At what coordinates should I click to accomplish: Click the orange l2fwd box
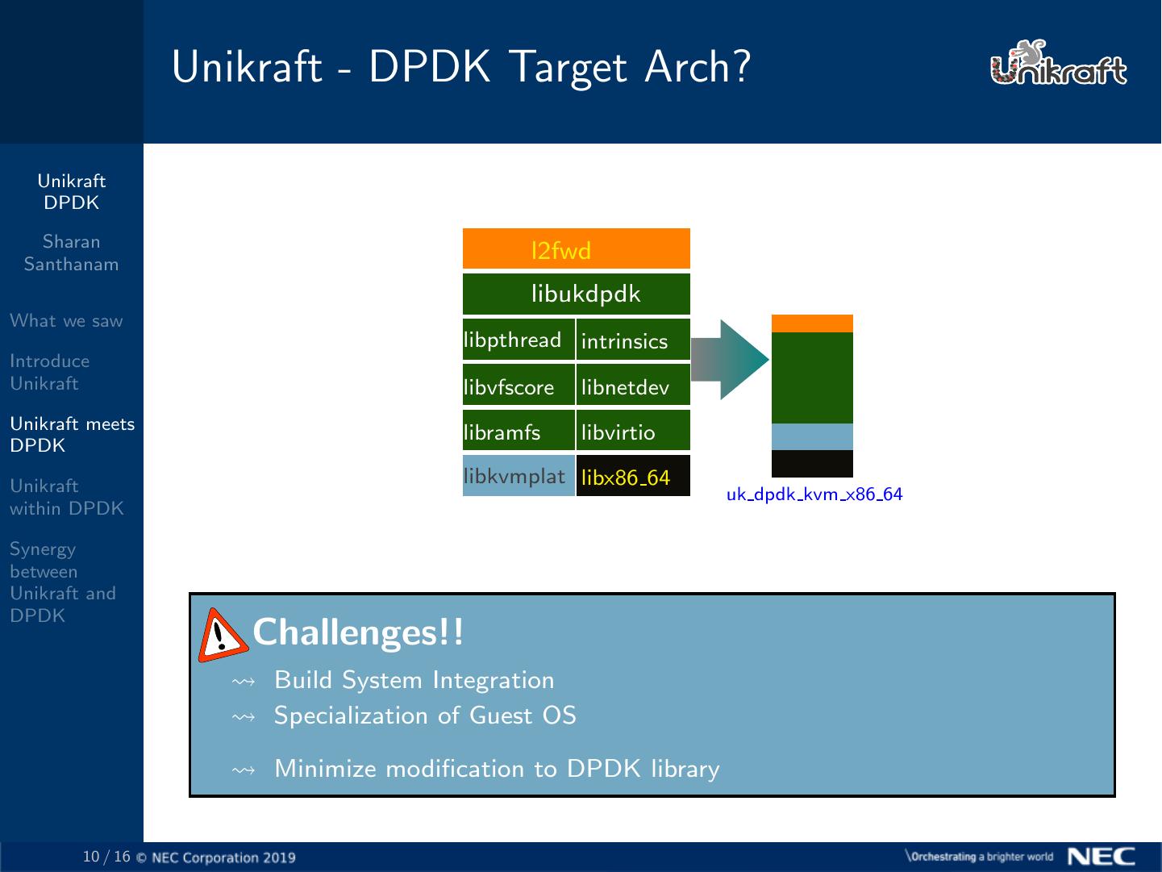(x=576, y=249)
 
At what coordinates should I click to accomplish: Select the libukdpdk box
(x=576, y=294)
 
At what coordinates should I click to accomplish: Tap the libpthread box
(x=518, y=340)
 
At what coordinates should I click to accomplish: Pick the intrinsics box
(x=633, y=340)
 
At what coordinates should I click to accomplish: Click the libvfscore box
(x=518, y=386)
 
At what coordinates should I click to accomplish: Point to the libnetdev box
(x=633, y=386)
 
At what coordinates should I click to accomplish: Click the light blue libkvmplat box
(x=518, y=476)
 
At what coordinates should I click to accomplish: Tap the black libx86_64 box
(x=633, y=476)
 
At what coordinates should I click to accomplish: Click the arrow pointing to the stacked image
(x=728, y=360)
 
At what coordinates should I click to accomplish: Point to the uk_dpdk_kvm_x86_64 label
(x=814, y=494)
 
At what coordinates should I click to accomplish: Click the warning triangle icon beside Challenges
(x=222, y=636)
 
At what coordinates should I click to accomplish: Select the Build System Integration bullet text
(x=414, y=680)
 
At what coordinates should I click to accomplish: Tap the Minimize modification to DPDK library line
(x=496, y=769)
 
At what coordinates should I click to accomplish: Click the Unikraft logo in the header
(x=1057, y=65)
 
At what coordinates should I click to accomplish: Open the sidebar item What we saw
(x=66, y=321)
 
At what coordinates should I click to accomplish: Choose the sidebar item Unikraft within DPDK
(x=66, y=497)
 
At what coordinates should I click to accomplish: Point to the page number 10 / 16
(x=106, y=856)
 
